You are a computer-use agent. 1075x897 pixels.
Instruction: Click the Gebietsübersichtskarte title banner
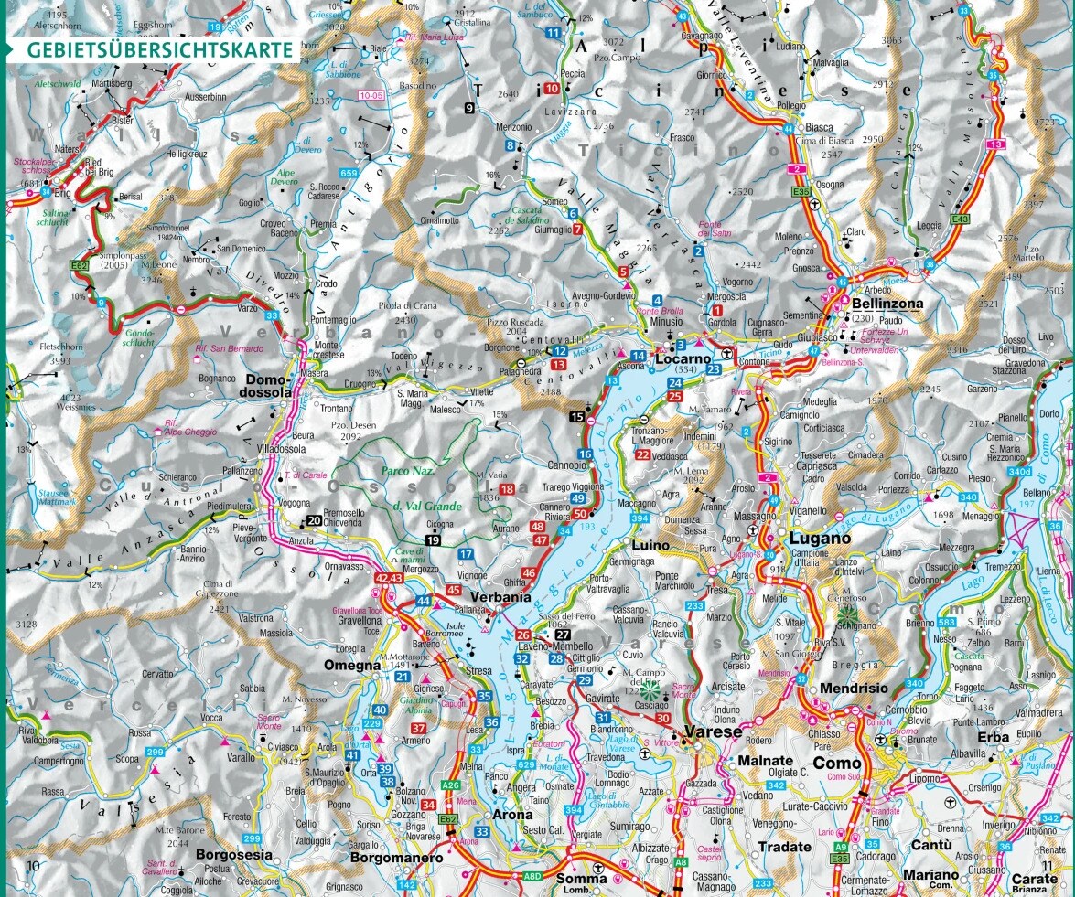coord(160,49)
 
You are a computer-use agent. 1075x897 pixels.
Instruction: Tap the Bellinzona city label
coord(887,304)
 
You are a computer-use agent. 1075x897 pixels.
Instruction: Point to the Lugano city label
coord(821,539)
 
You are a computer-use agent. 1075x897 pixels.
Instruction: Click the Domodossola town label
coord(269,385)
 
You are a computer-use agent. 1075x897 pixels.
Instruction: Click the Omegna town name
coord(351,666)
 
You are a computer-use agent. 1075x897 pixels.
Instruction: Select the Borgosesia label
coord(233,855)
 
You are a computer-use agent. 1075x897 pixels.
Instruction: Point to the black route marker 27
coord(563,635)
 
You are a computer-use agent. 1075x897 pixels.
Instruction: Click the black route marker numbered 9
coord(469,108)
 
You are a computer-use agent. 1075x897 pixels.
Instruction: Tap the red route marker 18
coord(507,489)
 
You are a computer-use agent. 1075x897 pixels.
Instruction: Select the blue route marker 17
coord(466,554)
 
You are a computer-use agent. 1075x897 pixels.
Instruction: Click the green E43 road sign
coord(960,219)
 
